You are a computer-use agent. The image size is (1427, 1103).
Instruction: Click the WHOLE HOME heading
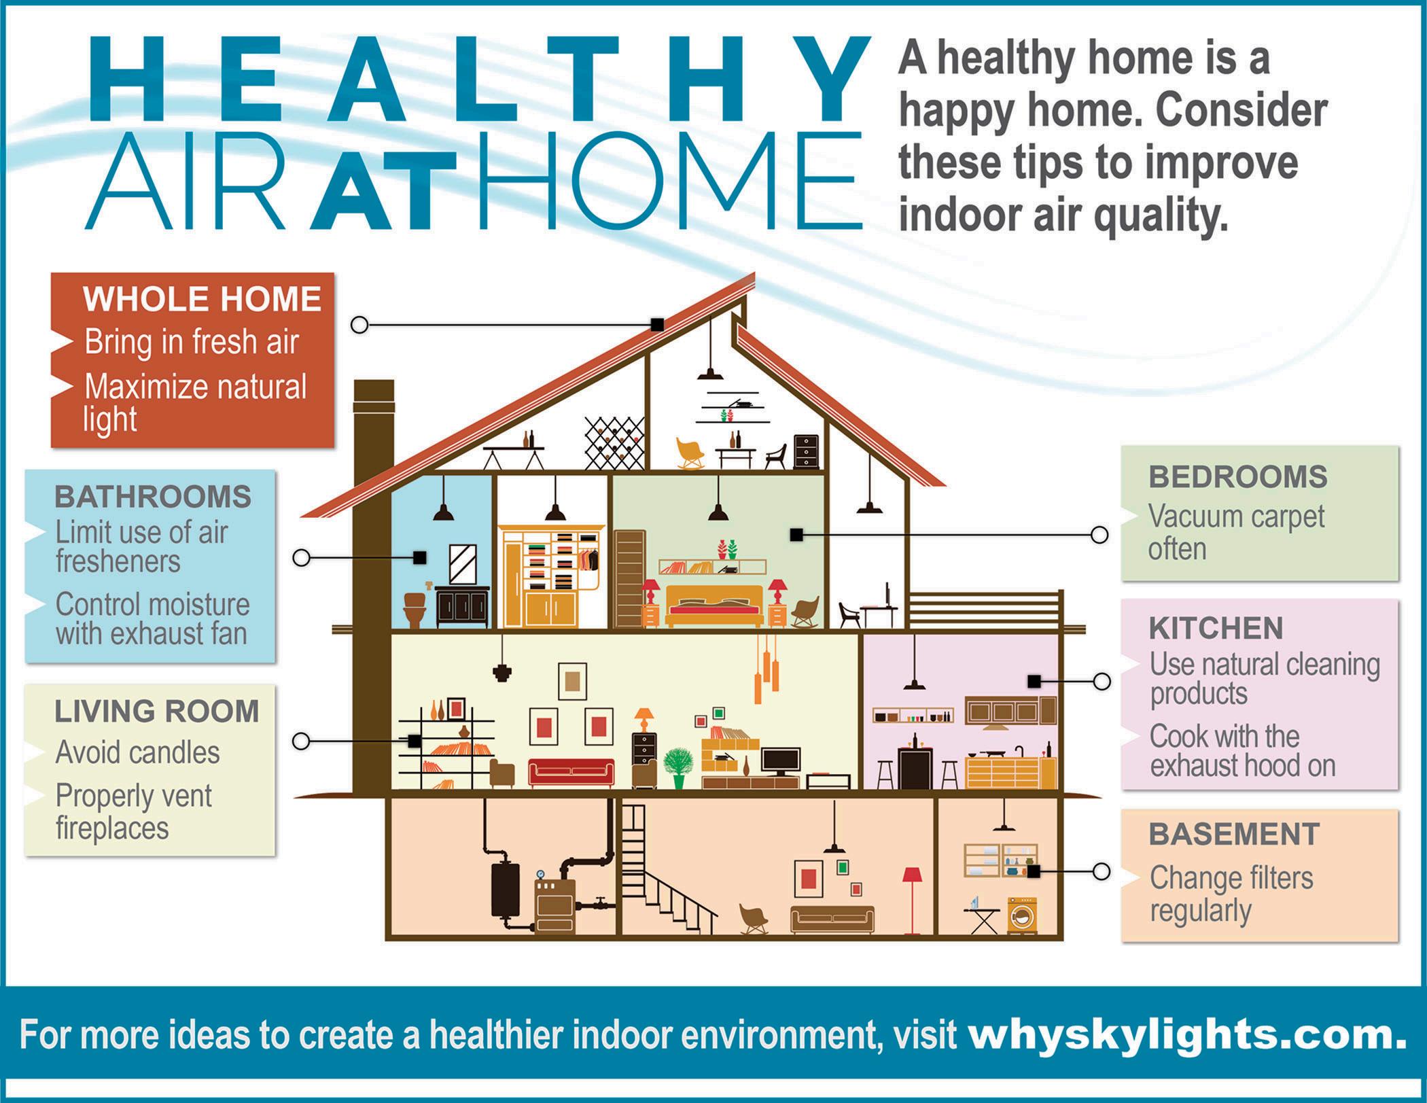coord(202,299)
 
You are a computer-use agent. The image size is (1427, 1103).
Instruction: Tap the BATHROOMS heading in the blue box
coord(153,497)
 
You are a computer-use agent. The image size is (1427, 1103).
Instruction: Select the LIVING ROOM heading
coord(157,712)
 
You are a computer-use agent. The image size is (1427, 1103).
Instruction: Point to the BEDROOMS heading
coord(1238,477)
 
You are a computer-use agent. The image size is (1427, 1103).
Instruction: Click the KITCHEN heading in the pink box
coord(1216,628)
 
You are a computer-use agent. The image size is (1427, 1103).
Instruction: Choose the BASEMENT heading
coord(1234,834)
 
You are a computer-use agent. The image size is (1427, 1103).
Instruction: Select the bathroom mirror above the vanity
coord(463,564)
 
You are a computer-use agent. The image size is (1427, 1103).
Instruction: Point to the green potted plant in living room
coord(677,767)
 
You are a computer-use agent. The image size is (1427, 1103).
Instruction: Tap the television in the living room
coord(781,761)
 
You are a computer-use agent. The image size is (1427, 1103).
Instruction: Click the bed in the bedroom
coord(714,605)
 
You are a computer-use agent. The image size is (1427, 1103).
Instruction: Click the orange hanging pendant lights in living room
coord(766,669)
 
